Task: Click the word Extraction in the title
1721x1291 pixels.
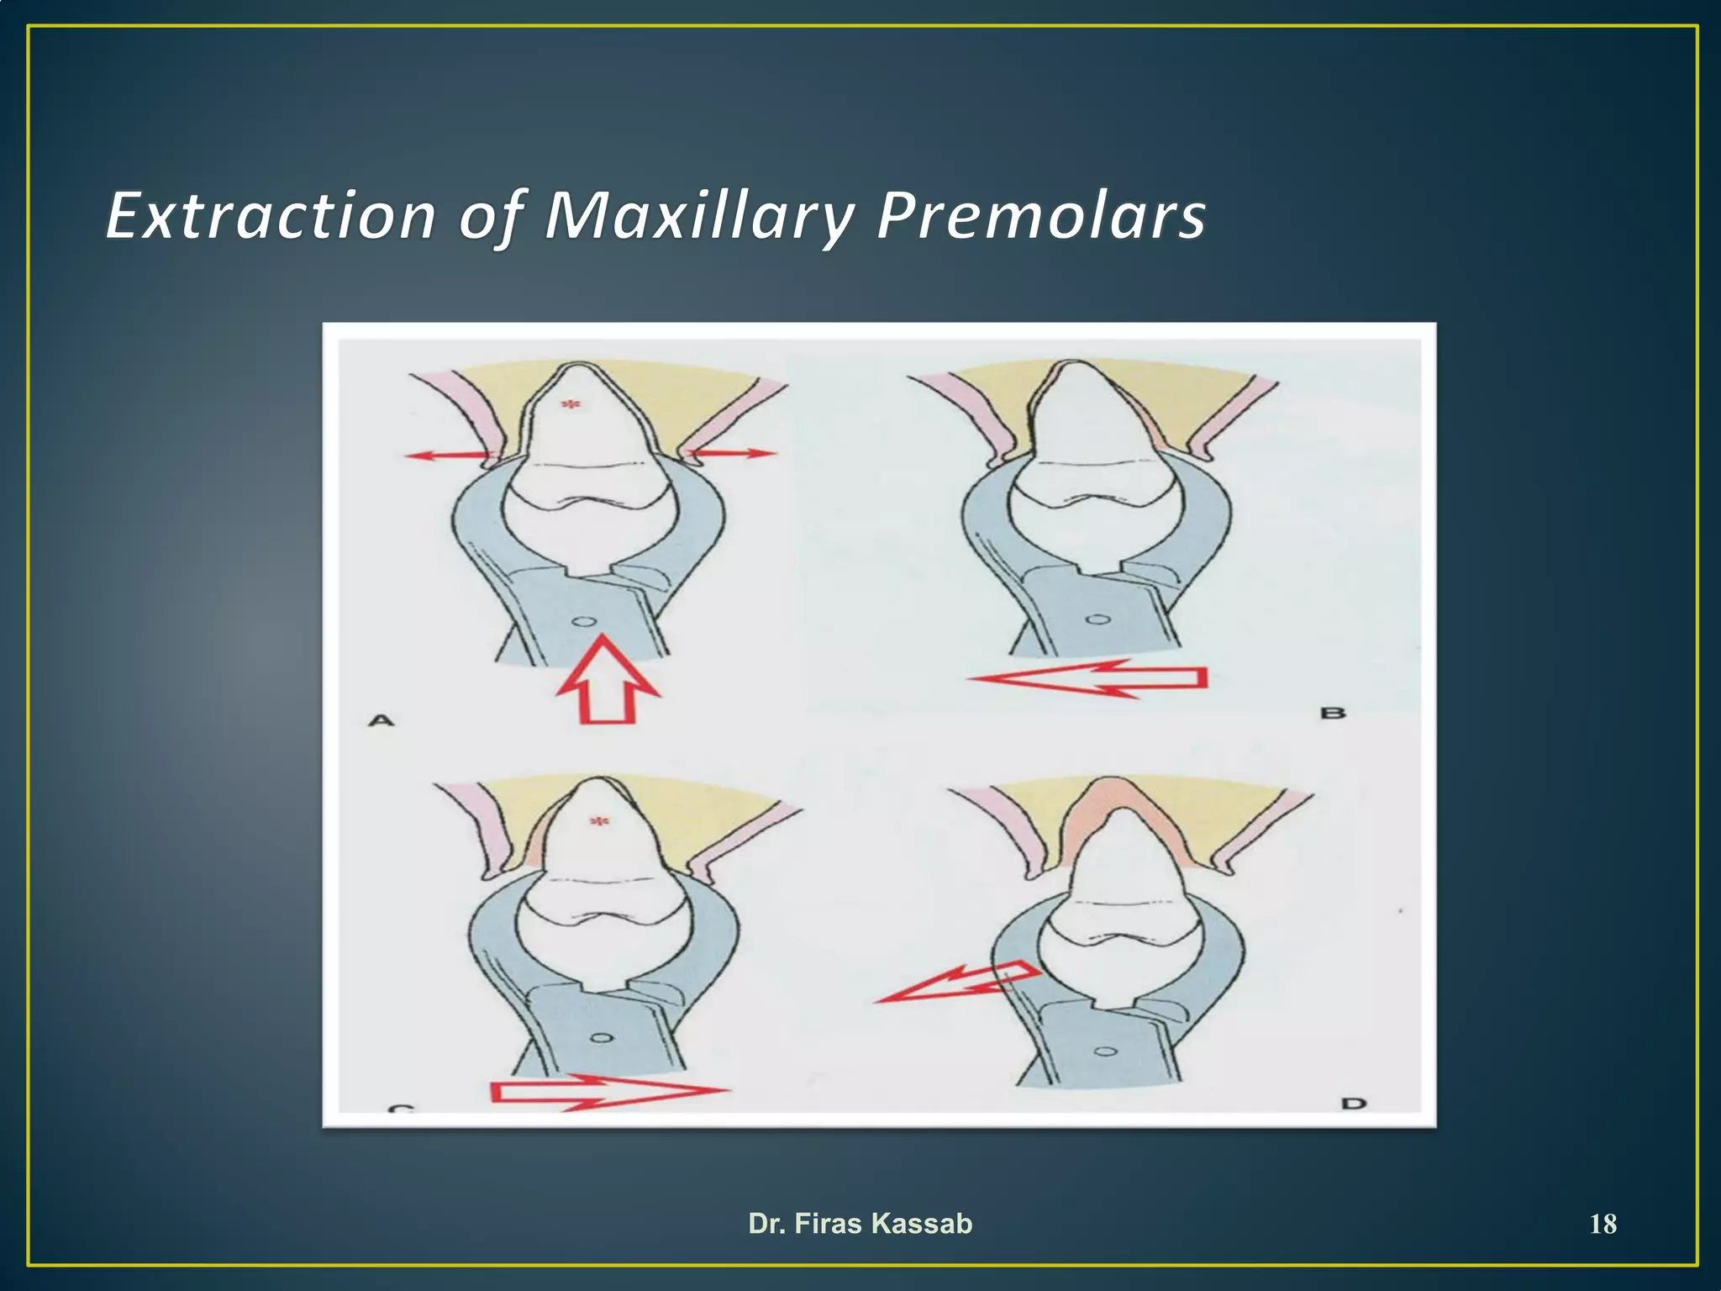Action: [x=271, y=216]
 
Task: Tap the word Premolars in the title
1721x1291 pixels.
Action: [x=1040, y=216]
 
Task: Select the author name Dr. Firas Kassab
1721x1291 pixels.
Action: [x=860, y=1223]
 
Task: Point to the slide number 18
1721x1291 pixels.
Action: [x=1603, y=1224]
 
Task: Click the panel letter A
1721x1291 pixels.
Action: [x=382, y=720]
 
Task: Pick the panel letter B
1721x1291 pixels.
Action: [x=1333, y=714]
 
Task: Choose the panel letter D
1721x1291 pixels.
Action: [x=1354, y=1103]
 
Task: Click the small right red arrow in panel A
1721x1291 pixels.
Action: [x=731, y=454]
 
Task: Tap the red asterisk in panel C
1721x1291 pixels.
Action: [x=598, y=820]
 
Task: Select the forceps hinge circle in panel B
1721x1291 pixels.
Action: [x=1096, y=621]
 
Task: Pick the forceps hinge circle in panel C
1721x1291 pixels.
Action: [x=600, y=1038]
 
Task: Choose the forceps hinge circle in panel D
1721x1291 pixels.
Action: [x=1107, y=1051]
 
